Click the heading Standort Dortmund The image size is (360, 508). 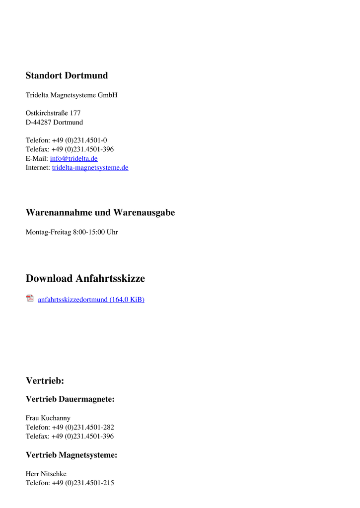tap(67, 76)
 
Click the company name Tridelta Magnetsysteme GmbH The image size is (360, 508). tap(72, 95)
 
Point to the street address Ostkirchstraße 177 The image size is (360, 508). tap(53, 113)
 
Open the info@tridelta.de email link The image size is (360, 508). tap(74, 159)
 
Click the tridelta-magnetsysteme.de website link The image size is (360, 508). tap(90, 168)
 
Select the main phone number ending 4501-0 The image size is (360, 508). tap(79, 140)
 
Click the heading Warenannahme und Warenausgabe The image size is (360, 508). tap(100, 213)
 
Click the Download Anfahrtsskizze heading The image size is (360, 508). tap(85, 279)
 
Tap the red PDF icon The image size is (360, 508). tap(30, 299)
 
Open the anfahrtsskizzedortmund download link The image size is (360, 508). tap(91, 300)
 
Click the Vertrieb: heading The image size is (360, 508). tap(45, 381)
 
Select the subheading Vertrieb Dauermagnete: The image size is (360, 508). tap(70, 399)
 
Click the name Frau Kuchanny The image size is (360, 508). tap(48, 418)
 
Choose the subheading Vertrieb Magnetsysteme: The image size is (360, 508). tap(72, 455)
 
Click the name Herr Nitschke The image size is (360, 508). tap(46, 474)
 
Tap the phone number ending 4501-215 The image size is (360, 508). tap(83, 483)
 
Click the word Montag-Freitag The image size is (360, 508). tap(48, 232)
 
